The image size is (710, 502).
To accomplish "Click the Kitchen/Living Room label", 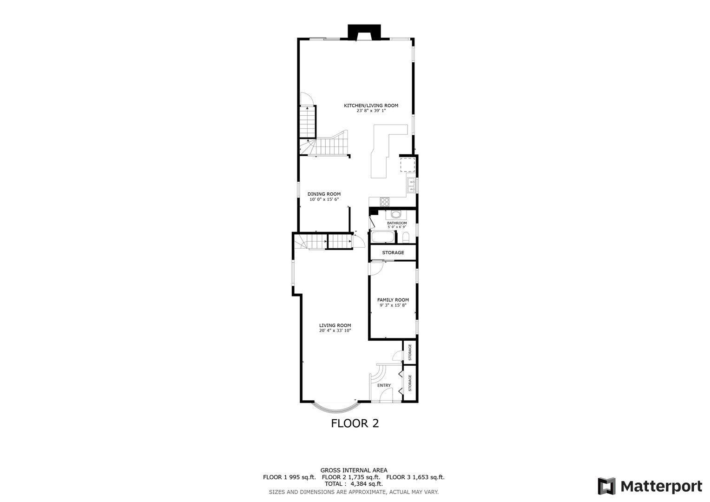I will pos(371,106).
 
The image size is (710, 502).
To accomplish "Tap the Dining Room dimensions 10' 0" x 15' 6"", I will pos(324,199).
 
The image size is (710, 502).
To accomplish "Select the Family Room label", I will pos(393,300).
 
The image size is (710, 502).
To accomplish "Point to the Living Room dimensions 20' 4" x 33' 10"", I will pos(335,330).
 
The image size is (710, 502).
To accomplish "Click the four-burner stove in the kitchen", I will pos(385,201).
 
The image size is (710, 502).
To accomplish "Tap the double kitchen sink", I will pos(411,185).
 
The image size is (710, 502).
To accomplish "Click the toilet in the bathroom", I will pos(406,238).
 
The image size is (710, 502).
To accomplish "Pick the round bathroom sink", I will pos(396,214).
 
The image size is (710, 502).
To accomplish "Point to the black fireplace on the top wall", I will pos(364,32).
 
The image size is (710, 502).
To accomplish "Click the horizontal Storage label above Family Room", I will pos(393,252).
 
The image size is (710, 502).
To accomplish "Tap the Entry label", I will pos(384,385).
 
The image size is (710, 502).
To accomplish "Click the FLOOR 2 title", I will pos(355,423).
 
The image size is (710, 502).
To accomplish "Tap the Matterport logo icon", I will pos(606,486).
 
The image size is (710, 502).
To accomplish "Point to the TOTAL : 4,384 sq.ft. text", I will pos(354,484).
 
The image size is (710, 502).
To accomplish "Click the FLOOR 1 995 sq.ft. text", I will pos(289,477).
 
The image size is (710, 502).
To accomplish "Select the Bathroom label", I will pos(397,223).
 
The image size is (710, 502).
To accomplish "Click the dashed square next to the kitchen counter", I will pos(408,165).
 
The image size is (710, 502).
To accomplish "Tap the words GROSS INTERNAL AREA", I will pos(354,470).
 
